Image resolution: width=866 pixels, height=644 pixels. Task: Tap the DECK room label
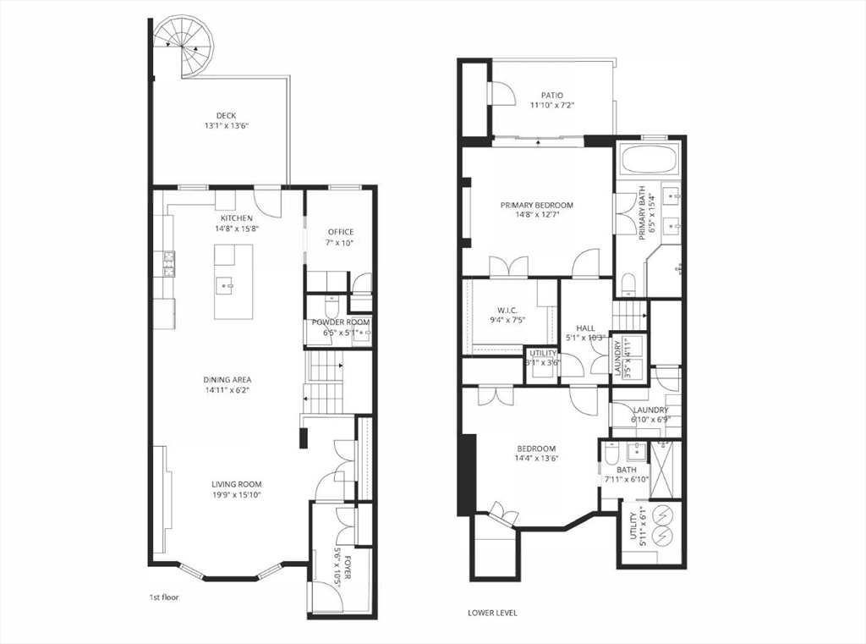[x=226, y=116]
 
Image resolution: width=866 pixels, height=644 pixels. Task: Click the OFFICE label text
[x=341, y=232]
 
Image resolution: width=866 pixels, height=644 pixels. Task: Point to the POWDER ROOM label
[x=340, y=322]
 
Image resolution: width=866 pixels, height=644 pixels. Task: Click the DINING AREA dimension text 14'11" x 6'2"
[x=227, y=390]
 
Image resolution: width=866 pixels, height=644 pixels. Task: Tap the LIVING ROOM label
[x=237, y=484]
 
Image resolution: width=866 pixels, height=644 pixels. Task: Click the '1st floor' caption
[x=163, y=597]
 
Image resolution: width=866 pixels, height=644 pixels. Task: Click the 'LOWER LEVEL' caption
[x=492, y=613]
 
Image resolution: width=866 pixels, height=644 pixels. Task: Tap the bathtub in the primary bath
[x=649, y=158]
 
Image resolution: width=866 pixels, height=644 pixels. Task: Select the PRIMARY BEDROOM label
[x=536, y=205]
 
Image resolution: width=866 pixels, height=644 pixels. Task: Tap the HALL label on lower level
[x=585, y=328]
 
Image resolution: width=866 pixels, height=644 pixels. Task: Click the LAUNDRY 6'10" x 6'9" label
[x=649, y=410]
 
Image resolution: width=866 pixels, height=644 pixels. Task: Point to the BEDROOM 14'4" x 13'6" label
[x=536, y=449]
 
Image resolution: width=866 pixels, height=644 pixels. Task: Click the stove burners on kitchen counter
[x=169, y=263]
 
